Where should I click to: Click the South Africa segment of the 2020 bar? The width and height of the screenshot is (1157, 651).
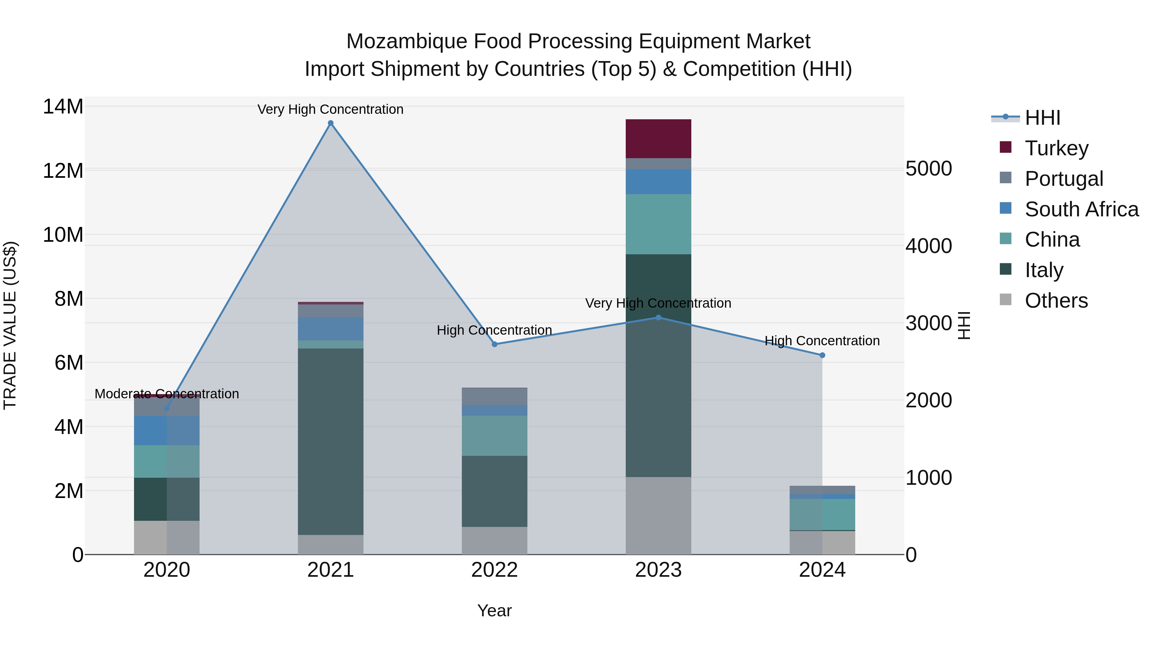tap(166, 430)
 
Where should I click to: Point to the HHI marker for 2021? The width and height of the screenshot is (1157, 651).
tap(331, 123)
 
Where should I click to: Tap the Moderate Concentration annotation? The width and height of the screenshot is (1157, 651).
tap(166, 393)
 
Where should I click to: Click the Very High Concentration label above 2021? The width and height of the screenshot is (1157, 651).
tap(331, 109)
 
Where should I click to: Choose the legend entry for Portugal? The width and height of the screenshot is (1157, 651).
tap(1063, 178)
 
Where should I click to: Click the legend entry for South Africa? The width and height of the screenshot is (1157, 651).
tap(1081, 209)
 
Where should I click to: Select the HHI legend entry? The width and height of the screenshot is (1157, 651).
tap(1042, 117)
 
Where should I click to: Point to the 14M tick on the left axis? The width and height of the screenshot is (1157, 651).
tap(63, 107)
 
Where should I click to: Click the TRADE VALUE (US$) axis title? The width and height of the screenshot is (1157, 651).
tap(10, 325)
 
